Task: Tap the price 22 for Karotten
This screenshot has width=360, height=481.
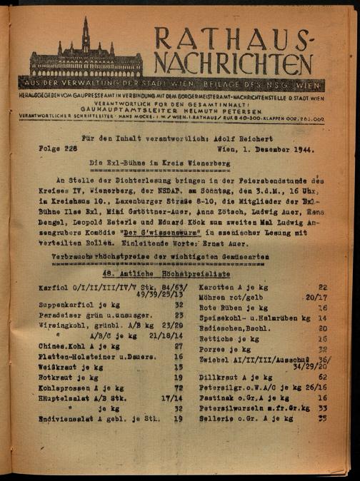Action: (322, 285)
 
